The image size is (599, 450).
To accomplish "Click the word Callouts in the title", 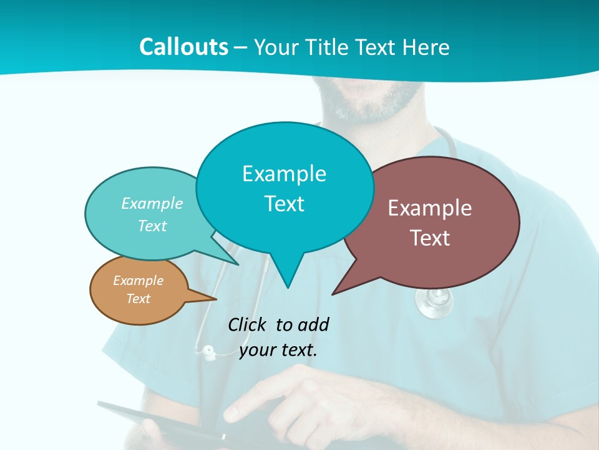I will (183, 47).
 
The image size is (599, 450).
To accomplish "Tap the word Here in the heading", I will (425, 47).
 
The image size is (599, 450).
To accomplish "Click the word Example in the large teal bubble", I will (284, 174).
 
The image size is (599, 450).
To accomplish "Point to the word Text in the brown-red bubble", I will (430, 238).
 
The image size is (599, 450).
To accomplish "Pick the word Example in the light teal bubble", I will (152, 204).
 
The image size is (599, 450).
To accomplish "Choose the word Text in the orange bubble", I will (138, 299).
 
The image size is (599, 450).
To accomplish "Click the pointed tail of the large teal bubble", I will (288, 284).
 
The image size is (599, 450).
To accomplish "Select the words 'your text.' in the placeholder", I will (278, 350).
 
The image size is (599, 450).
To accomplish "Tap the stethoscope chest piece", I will (434, 304).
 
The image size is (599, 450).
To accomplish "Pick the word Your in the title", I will (275, 47).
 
